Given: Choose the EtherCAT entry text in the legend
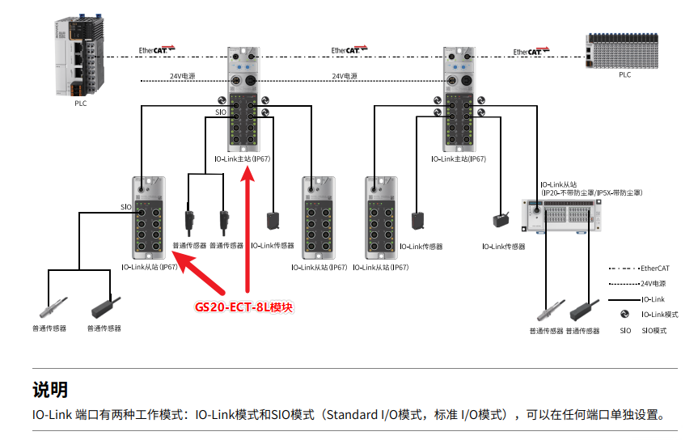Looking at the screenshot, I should tap(654, 268).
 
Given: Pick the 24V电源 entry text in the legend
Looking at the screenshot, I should tap(654, 284).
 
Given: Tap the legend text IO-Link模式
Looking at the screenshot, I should tap(659, 315).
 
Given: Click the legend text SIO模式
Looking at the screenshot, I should tap(654, 331).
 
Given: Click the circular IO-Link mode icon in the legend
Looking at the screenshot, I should tap(624, 315).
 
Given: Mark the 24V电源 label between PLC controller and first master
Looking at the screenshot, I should tap(182, 77).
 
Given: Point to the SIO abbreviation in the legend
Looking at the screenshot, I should tap(625, 331).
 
